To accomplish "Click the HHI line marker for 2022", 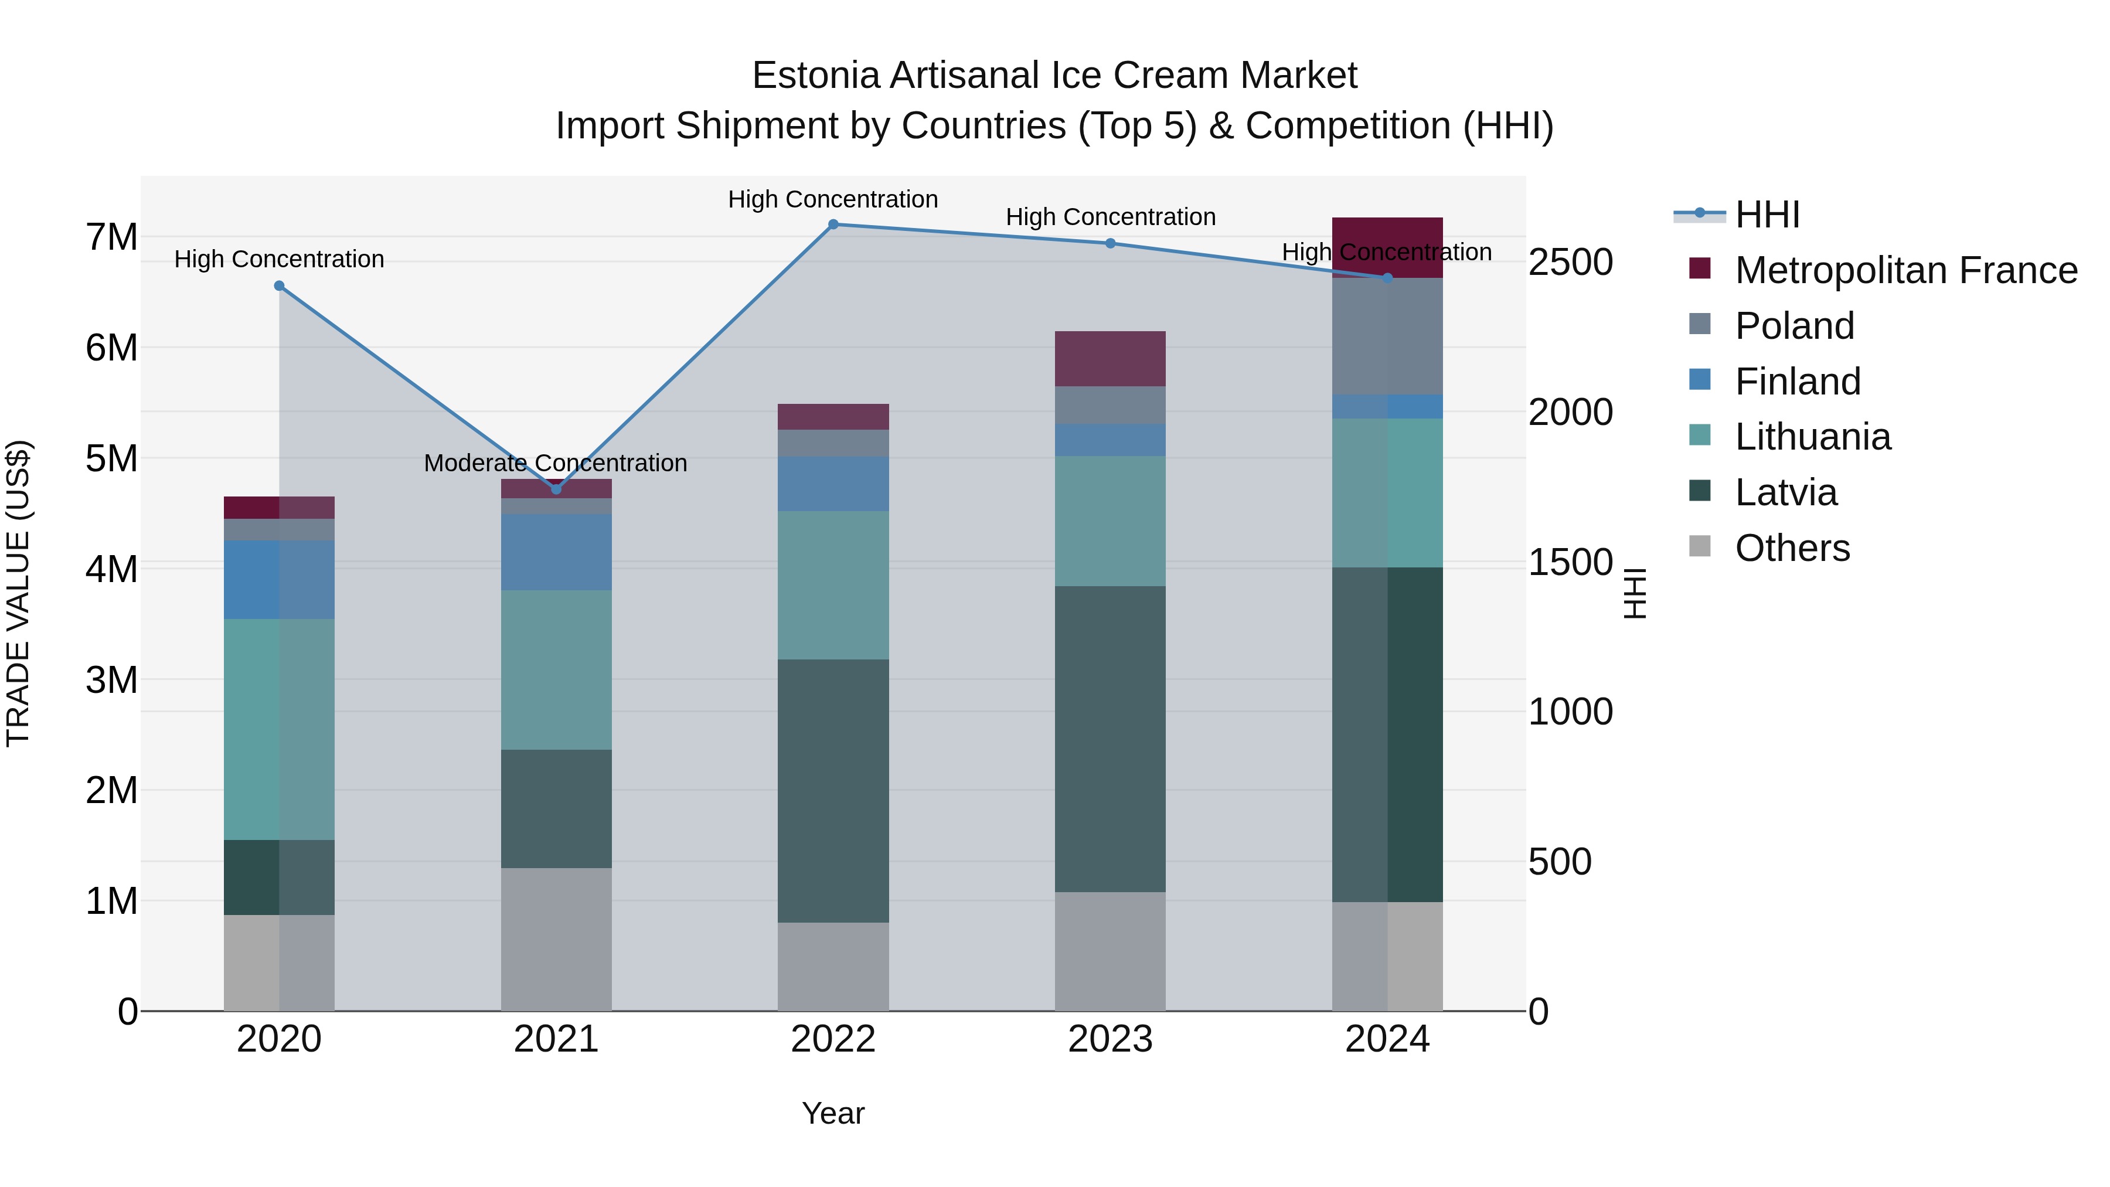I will (833, 224).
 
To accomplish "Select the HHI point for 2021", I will (556, 489).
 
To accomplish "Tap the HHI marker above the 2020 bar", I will (280, 286).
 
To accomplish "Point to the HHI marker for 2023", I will (1111, 243).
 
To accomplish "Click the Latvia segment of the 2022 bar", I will (833, 791).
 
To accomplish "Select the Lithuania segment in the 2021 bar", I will (556, 669).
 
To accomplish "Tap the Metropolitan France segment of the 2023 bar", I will (1110, 359).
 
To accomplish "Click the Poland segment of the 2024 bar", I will (1387, 336).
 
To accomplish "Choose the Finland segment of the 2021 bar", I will (556, 552).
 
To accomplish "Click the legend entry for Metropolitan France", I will (1905, 270).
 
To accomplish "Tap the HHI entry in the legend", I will (1767, 215).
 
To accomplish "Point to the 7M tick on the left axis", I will (111, 237).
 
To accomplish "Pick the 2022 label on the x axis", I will (833, 1039).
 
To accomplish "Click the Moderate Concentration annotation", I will (556, 463).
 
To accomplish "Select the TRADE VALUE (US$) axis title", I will (18, 593).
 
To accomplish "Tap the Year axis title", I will (833, 1113).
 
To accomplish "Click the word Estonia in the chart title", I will (816, 76).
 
